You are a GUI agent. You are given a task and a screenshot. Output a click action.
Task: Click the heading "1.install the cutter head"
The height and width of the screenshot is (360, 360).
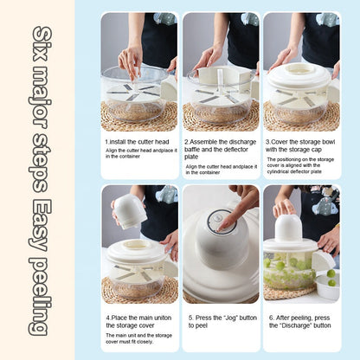[x=139, y=140]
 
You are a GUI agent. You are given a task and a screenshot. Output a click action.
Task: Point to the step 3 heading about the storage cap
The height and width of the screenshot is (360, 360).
[x=302, y=145]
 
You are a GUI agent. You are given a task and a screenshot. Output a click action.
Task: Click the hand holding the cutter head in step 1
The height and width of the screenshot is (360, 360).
[x=131, y=60]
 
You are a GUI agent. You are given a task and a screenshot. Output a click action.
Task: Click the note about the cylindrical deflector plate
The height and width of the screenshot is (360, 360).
[x=302, y=165]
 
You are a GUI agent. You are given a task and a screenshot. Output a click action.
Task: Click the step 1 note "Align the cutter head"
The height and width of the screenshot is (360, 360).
[x=139, y=153]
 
